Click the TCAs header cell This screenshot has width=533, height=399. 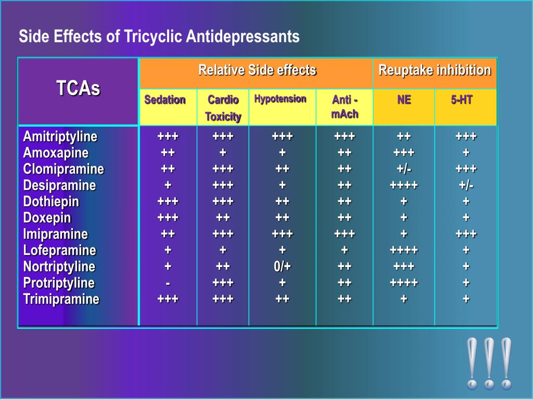(78, 89)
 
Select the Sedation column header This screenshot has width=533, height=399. (165, 100)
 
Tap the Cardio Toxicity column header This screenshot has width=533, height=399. (223, 108)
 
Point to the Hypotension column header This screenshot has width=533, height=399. (280, 99)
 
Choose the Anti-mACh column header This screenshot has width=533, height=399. (345, 107)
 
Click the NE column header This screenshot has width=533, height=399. (404, 100)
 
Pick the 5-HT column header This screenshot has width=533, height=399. (462, 100)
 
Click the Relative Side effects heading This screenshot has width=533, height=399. (257, 70)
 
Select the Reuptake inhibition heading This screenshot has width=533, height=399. (435, 70)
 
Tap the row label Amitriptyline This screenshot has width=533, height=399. (60, 137)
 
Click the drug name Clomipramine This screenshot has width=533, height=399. (64, 169)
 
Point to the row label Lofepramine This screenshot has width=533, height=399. (60, 250)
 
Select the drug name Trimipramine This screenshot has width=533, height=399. (61, 299)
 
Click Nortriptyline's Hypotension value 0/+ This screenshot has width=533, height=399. (283, 267)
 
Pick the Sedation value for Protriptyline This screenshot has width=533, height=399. (168, 283)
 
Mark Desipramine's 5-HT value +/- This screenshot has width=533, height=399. (466, 185)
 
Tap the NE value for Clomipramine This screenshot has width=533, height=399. (404, 169)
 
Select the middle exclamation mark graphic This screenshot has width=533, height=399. (489, 363)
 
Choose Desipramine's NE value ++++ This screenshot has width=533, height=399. (404, 185)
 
